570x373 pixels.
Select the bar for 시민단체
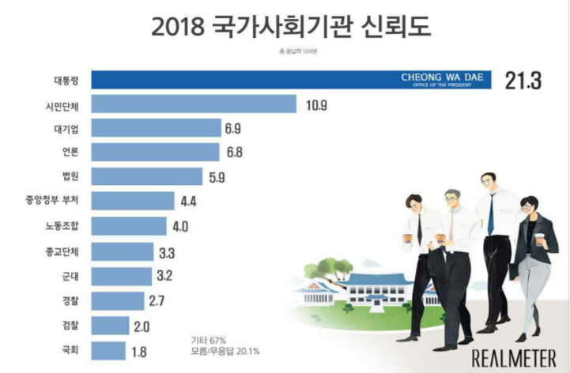click(x=194, y=104)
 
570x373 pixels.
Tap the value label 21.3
click(x=523, y=81)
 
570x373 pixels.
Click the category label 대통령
click(x=61, y=81)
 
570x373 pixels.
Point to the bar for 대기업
click(x=156, y=128)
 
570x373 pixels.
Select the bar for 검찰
click(x=110, y=326)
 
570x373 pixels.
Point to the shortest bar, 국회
click(x=108, y=350)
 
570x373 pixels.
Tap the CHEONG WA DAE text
click(x=441, y=77)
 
